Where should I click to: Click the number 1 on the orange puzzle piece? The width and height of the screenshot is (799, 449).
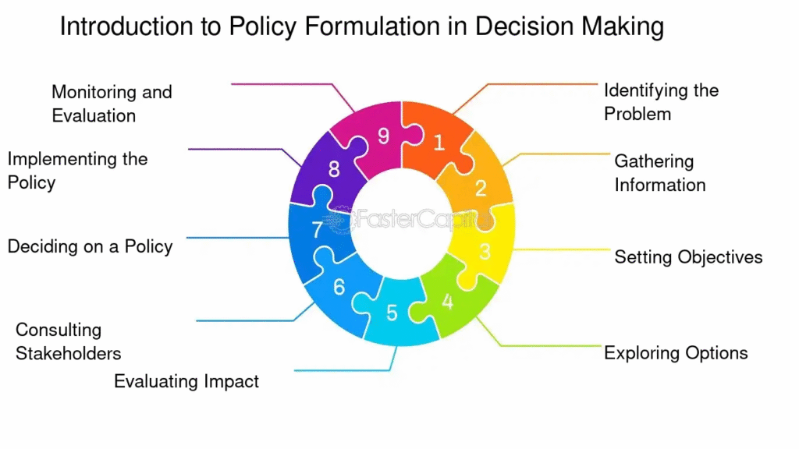click(x=439, y=143)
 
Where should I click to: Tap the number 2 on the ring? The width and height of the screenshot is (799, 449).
click(x=481, y=188)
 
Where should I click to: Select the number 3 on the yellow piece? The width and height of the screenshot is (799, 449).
click(x=485, y=252)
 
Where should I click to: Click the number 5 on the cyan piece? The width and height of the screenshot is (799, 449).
click(x=392, y=313)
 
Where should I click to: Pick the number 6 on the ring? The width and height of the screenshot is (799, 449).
click(x=339, y=287)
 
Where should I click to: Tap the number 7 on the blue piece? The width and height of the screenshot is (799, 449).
click(x=317, y=231)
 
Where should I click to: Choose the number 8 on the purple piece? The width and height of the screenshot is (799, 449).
click(x=334, y=168)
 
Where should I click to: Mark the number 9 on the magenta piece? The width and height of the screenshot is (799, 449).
click(x=383, y=136)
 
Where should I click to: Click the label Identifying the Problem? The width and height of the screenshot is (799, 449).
click(x=661, y=102)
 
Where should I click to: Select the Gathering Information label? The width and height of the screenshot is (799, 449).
click(x=660, y=173)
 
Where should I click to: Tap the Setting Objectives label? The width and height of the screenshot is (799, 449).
click(x=688, y=257)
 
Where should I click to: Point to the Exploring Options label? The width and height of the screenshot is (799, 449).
click(x=676, y=353)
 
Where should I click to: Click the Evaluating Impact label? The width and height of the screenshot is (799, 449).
click(x=186, y=381)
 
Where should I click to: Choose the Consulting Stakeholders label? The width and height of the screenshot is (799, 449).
click(x=69, y=341)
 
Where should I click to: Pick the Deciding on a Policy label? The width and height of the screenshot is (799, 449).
click(x=90, y=246)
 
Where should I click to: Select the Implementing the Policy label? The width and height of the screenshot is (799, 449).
click(x=77, y=171)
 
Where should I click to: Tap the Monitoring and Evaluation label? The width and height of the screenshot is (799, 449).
click(x=112, y=104)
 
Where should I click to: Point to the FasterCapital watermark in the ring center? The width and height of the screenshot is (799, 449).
click(x=406, y=221)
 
